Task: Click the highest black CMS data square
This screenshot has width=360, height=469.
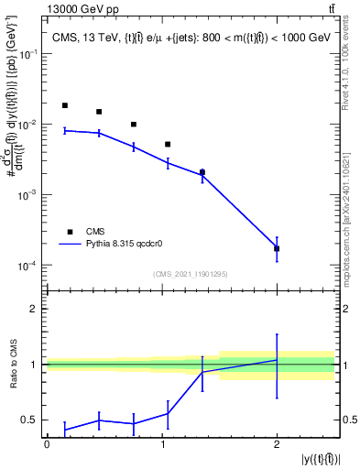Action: click(x=64, y=105)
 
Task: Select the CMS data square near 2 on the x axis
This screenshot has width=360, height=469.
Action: click(x=277, y=248)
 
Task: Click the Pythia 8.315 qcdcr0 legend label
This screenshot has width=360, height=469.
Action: click(x=127, y=245)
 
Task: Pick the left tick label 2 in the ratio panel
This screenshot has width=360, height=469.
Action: click(x=34, y=309)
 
